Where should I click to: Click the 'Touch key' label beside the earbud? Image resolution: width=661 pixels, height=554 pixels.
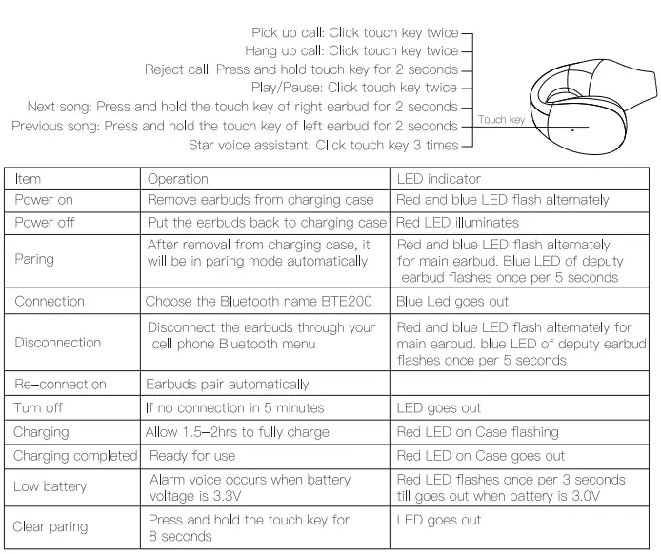tap(501, 120)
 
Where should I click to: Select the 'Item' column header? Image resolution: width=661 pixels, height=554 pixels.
tap(29, 179)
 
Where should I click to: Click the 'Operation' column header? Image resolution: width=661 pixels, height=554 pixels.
tap(177, 179)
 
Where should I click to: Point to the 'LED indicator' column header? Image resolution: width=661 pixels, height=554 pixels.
tap(438, 179)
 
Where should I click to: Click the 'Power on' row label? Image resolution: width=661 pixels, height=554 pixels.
tap(44, 200)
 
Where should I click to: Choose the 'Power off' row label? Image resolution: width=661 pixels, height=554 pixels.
tap(44, 222)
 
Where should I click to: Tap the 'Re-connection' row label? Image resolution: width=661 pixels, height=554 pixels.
tap(59, 385)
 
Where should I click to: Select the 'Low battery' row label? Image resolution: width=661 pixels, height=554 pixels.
tap(50, 486)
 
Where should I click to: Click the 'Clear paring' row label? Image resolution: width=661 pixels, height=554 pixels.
tap(50, 526)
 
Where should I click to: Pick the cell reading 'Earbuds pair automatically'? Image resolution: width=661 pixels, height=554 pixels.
tap(227, 385)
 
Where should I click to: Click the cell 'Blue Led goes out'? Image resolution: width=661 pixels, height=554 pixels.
tap(452, 302)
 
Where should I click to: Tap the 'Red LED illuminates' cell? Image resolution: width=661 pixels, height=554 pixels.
tap(457, 222)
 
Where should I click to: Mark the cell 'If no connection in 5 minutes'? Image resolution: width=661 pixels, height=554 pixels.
tap(235, 408)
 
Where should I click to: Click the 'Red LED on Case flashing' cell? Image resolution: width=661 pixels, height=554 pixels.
tap(477, 432)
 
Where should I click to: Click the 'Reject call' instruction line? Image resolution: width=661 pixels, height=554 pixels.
tap(301, 70)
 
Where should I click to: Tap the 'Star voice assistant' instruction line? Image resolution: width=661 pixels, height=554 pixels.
tap(324, 145)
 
